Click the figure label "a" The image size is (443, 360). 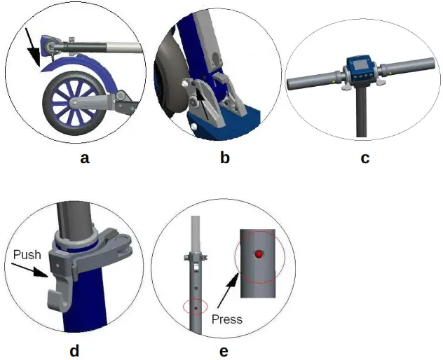pyautogui.click(x=85, y=158)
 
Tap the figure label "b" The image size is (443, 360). pyautogui.click(x=224, y=158)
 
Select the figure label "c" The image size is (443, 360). pyautogui.click(x=364, y=158)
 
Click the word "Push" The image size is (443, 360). pyautogui.click(x=27, y=255)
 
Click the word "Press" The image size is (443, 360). pyautogui.click(x=226, y=319)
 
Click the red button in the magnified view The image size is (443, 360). pyautogui.click(x=259, y=254)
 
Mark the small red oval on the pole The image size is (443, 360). pyautogui.click(x=196, y=307)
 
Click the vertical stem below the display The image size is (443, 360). pyautogui.click(x=361, y=112)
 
